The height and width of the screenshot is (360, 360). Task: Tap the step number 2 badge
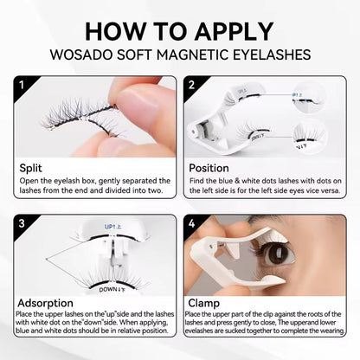click(192, 86)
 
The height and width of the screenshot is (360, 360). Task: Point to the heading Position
click(211, 168)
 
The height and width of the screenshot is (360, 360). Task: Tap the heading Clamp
click(206, 305)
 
